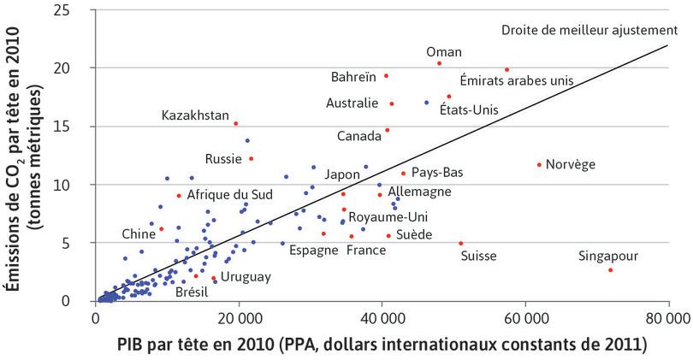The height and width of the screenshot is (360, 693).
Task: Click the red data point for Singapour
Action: tap(610, 270)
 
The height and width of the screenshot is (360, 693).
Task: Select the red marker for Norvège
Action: tap(539, 165)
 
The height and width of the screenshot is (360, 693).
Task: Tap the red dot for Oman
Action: tap(439, 63)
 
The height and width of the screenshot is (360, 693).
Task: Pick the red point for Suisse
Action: tap(461, 243)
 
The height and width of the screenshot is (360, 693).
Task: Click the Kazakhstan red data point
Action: tap(235, 123)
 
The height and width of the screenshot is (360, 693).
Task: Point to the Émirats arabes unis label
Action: tap(516, 81)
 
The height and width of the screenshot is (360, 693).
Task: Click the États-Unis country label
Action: tap(467, 109)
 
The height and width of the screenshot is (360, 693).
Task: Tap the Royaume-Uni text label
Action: tap(390, 217)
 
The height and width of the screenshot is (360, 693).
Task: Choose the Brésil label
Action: tap(191, 292)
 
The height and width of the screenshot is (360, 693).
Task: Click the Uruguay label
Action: tap(246, 277)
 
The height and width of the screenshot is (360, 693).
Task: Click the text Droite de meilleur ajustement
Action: tap(589, 31)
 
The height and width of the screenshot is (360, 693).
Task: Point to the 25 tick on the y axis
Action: tap(76, 9)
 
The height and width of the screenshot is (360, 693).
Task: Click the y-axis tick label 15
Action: tap(76, 126)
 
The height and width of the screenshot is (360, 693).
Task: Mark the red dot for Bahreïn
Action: tap(386, 76)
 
